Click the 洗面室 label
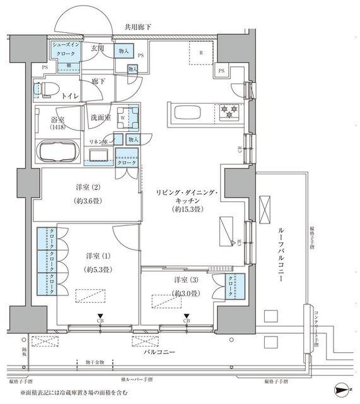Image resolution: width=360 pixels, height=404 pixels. (x=100, y=117)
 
